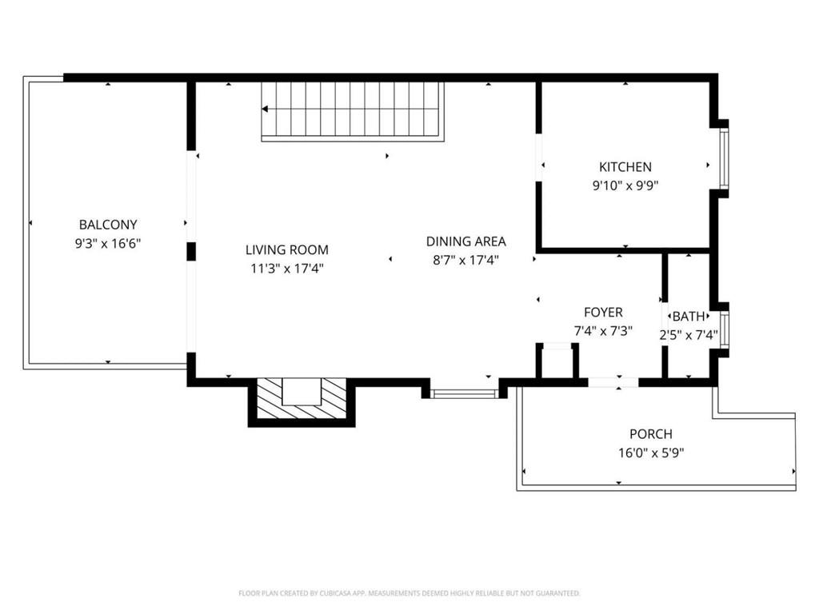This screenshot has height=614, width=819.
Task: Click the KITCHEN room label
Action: [625, 167]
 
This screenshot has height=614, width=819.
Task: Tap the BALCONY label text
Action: [108, 225]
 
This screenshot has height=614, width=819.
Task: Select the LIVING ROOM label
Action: [286, 250]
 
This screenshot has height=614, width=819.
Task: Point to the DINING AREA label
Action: [465, 241]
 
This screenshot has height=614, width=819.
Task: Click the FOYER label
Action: [603, 313]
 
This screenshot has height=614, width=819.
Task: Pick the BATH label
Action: [689, 317]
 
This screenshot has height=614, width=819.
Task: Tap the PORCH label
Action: [650, 434]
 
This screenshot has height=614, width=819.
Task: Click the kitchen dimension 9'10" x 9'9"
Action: [625, 185]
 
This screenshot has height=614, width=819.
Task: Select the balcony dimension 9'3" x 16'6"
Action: [108, 243]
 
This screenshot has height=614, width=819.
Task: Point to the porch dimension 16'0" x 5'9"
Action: [650, 453]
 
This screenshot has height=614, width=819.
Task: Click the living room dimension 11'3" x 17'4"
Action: [286, 269]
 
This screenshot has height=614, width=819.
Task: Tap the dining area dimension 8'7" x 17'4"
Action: [465, 260]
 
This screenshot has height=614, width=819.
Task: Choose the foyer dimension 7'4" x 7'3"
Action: [603, 331]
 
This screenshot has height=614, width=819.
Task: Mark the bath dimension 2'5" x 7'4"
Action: [689, 335]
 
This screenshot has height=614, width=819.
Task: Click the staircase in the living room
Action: [353, 110]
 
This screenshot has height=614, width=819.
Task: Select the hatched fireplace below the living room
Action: [302, 401]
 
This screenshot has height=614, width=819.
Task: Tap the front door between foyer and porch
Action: [613, 382]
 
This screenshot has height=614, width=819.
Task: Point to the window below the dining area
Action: [465, 393]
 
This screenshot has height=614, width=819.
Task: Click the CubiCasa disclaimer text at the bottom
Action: [409, 593]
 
